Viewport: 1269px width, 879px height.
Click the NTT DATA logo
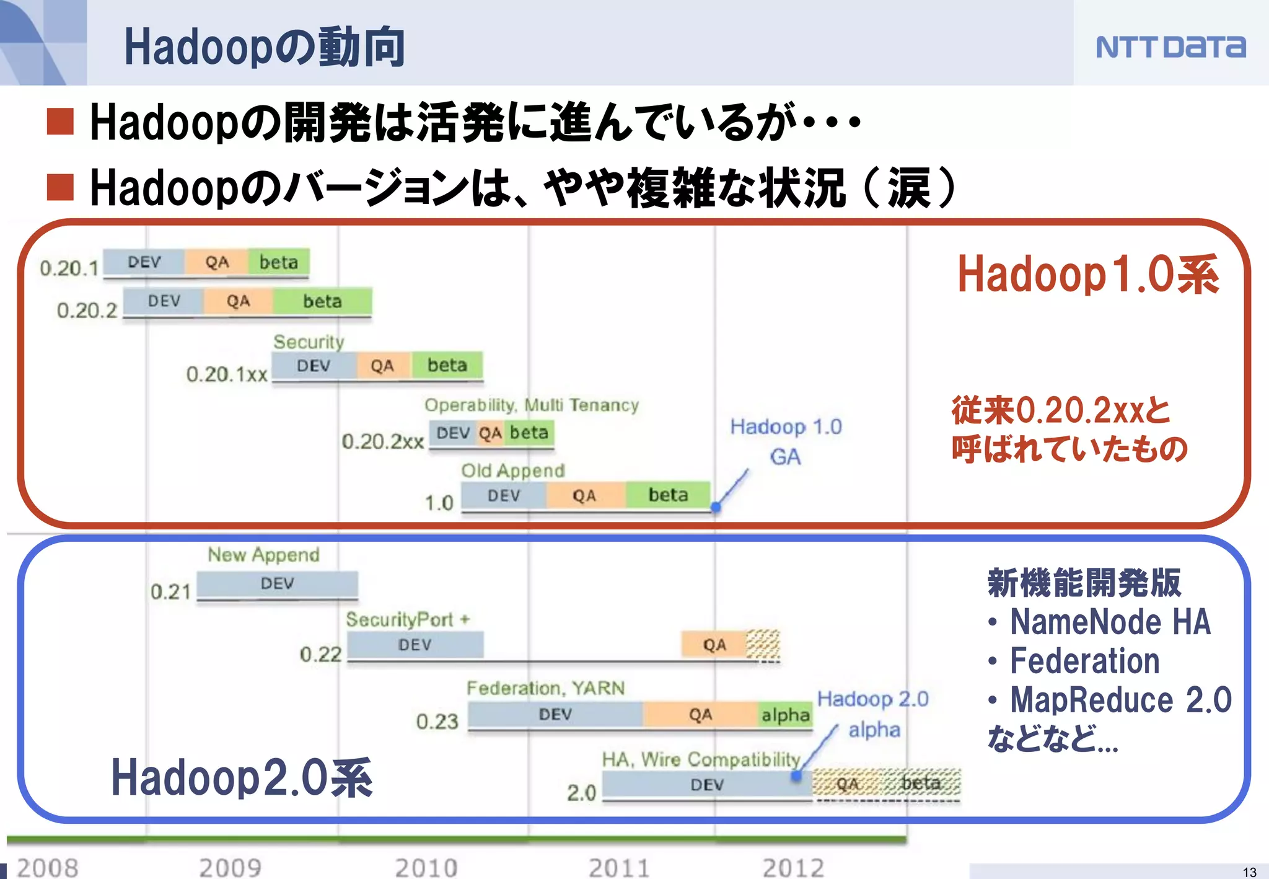coord(1170,47)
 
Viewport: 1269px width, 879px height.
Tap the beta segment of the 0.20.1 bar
coord(278,262)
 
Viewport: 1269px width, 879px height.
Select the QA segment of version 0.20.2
coord(238,301)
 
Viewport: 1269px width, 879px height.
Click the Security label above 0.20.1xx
coord(309,342)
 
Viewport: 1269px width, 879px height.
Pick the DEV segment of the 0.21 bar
coord(277,583)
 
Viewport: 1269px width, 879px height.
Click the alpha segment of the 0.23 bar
coord(785,715)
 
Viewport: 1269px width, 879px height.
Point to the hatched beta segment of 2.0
coord(921,783)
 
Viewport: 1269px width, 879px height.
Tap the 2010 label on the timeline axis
coord(426,867)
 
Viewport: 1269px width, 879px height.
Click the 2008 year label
coord(48,867)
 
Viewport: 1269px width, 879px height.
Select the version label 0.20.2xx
coord(382,441)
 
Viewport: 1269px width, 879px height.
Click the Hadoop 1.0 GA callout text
coord(786,441)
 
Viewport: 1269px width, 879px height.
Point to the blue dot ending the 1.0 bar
coord(716,507)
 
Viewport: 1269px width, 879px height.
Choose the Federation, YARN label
coord(545,688)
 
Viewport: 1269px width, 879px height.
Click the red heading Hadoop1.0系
coord(1088,274)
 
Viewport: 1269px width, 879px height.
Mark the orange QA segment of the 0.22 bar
coord(714,645)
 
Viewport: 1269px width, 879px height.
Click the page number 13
coord(1249,872)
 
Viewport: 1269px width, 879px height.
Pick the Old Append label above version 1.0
coord(512,470)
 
